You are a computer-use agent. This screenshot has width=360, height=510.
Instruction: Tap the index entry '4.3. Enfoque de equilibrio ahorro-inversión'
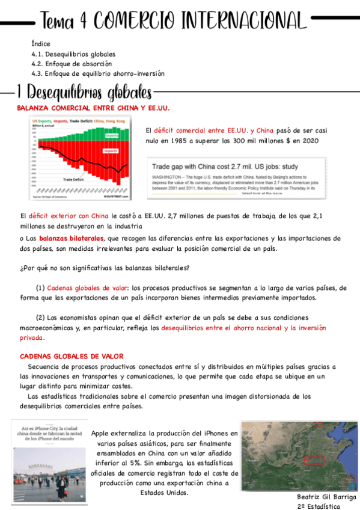click(x=97, y=73)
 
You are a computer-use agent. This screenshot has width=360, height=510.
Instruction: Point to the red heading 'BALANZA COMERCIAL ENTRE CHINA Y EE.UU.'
click(x=93, y=108)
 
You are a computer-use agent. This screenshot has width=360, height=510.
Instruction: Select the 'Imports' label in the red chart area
click(x=111, y=151)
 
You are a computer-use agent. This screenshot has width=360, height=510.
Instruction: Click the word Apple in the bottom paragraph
click(x=102, y=432)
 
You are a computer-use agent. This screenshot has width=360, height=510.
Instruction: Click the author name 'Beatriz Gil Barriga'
click(x=327, y=497)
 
